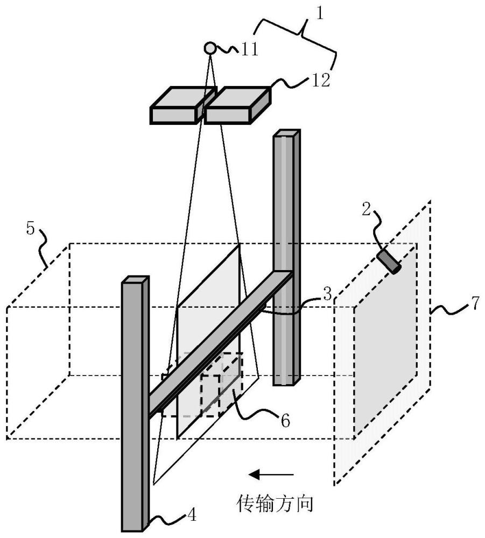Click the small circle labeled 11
tap(210, 48)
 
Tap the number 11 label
tap(249, 49)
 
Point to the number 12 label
tap(321, 80)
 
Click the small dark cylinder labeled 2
tap(389, 262)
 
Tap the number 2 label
tap(367, 209)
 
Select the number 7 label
tap(475, 303)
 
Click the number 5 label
tap(31, 229)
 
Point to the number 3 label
tap(327, 294)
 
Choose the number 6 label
tap(285, 421)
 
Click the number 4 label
tap(192, 515)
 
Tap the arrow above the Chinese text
tap(271, 475)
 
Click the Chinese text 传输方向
tap(275, 504)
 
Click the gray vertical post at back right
tap(286, 257)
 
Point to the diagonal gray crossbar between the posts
tap(221, 344)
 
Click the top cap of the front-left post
tap(136, 279)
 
